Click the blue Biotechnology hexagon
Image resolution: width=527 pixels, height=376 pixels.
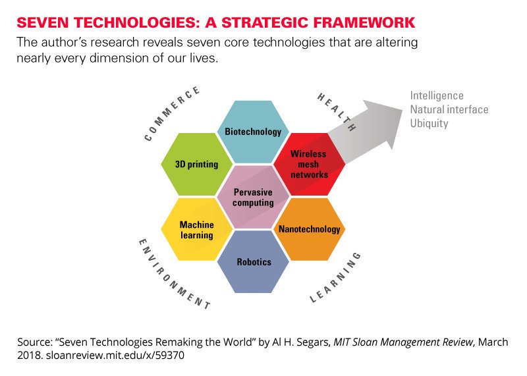[x=253, y=131]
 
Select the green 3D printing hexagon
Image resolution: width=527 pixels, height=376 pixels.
[x=197, y=164]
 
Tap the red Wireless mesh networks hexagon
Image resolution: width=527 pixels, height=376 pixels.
[x=309, y=165]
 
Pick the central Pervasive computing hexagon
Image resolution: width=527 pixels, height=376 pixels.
[x=253, y=197]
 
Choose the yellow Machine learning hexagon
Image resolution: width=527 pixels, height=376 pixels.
[x=197, y=229]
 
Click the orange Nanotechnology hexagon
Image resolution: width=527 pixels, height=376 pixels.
[x=309, y=229]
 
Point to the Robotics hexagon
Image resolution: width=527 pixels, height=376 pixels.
[x=253, y=261]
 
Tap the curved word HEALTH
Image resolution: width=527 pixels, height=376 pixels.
[x=337, y=111]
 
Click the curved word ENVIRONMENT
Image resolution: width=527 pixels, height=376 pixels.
[x=173, y=276]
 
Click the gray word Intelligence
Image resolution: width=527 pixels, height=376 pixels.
[x=437, y=96]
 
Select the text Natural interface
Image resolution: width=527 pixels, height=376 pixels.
[x=449, y=109]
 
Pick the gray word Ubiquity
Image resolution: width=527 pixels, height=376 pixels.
[x=429, y=123]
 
